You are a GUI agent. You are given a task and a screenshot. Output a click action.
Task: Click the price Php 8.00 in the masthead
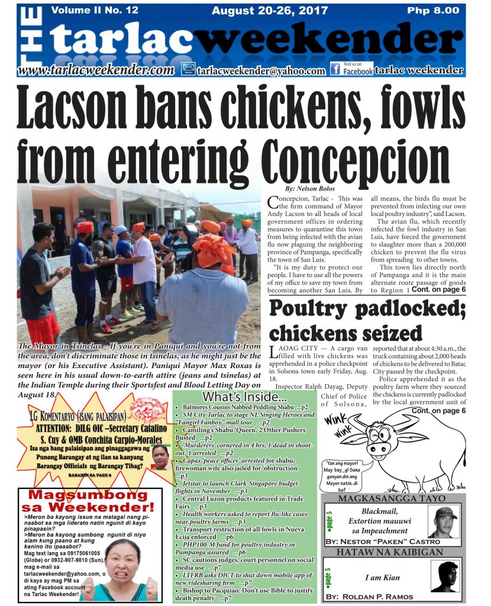pyautogui.click(x=432, y=10)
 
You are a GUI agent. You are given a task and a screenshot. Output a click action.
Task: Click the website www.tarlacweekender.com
pyautogui.click(x=96, y=70)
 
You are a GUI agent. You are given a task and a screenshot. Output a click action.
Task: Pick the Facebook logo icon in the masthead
pyautogui.click(x=335, y=70)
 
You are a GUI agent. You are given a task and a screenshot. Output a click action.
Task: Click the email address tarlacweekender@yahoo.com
pyautogui.click(x=261, y=71)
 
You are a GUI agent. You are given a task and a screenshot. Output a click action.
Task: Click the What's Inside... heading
pyautogui.click(x=244, y=396)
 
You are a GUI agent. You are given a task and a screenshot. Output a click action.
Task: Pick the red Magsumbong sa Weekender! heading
pyautogui.click(x=87, y=501)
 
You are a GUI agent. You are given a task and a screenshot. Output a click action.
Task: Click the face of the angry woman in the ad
pyautogui.click(x=122, y=562)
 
